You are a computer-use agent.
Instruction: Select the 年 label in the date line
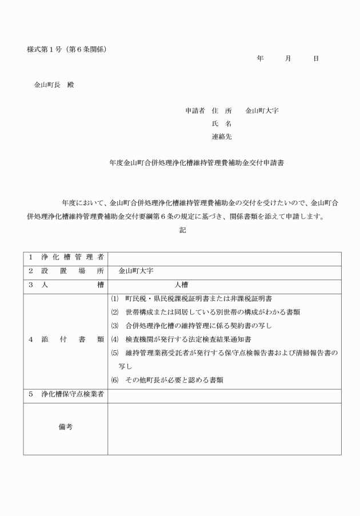(x=261, y=59)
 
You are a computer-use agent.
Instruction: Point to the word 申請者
(x=195, y=110)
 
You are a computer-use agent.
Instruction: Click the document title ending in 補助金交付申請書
(x=197, y=163)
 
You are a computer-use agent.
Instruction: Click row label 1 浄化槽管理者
(x=65, y=259)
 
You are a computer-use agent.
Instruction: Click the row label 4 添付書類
(x=65, y=339)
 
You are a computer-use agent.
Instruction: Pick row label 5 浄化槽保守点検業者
(x=65, y=395)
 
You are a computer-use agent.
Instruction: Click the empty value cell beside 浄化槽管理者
(x=224, y=259)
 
